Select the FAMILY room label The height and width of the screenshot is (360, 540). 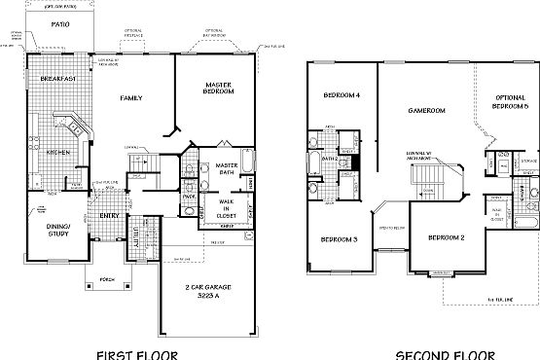(x=131, y=98)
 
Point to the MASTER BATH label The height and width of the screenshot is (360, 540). (x=229, y=170)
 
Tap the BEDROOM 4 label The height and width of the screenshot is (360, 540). (x=342, y=95)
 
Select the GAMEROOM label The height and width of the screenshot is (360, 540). (x=426, y=111)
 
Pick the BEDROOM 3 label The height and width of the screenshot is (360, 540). (x=340, y=239)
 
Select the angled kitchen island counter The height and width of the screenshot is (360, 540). (x=73, y=126)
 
